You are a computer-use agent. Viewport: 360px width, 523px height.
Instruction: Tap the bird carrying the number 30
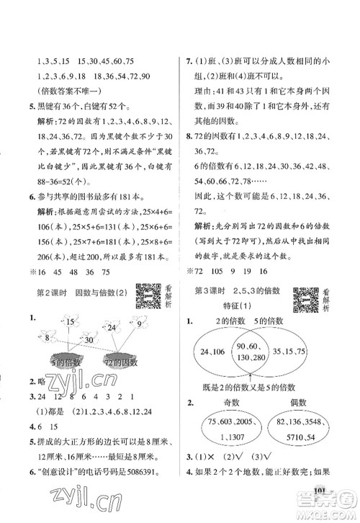pos(86,339)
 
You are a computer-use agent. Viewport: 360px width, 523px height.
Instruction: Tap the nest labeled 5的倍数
pos(65,362)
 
